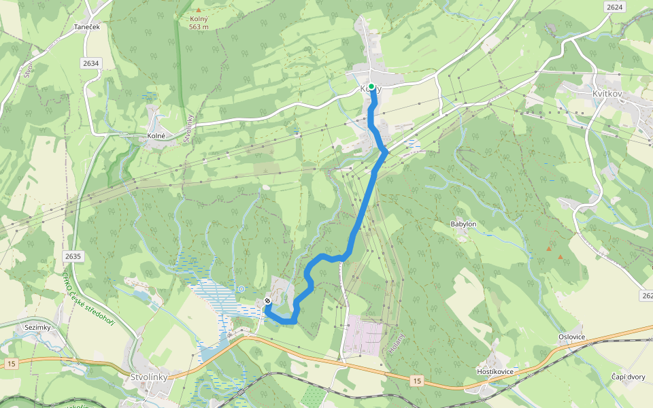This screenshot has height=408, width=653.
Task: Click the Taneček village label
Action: pos(86,27)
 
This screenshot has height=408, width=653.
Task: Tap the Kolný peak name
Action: pos(198,19)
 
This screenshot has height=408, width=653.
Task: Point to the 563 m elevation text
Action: pos(198,27)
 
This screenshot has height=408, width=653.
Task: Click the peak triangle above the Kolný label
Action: pos(199,10)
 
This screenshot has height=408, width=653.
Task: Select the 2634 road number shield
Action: pos(90,63)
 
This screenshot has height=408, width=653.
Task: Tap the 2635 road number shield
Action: pos(73,256)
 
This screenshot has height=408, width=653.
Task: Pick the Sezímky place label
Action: pos(38,327)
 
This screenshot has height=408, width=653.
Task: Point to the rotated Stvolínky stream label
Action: pos(187,127)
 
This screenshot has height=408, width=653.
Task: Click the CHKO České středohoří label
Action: pos(89,300)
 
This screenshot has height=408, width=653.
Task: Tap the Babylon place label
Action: pos(463,224)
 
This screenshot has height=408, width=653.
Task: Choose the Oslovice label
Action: pos(571,337)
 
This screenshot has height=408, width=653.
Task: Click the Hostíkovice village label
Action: pos(495,371)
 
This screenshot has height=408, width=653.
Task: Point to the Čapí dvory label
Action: pos(627,376)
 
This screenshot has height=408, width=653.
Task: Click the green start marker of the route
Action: pos(371,86)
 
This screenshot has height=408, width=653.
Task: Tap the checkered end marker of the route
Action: pos(267,301)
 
